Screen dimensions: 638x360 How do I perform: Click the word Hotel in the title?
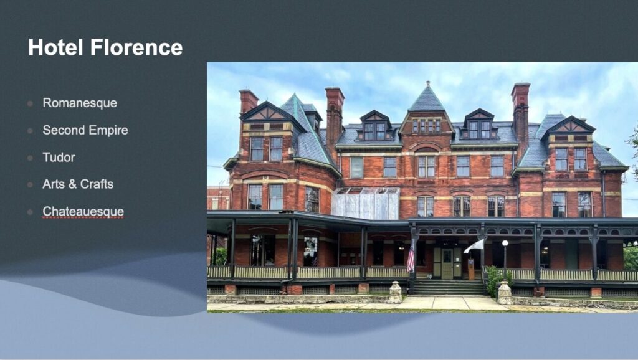[55, 47]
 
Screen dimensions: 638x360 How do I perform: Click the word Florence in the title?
[136, 47]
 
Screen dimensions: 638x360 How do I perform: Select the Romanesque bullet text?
[80, 103]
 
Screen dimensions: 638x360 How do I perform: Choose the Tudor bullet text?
[59, 158]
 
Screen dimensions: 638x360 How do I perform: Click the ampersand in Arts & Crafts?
[73, 184]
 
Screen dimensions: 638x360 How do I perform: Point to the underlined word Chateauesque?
[83, 212]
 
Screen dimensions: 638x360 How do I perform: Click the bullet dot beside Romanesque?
[30, 103]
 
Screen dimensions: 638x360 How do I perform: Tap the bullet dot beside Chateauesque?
[30, 212]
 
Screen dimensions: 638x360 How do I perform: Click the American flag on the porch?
[411, 257]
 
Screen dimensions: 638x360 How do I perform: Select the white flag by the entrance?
[474, 246]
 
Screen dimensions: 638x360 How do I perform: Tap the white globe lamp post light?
[505, 244]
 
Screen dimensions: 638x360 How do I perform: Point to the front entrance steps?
[449, 287]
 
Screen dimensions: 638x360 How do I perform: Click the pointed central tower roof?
[427, 97]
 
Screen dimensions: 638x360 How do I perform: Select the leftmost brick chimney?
[248, 102]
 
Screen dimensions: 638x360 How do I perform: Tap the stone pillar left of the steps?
[394, 292]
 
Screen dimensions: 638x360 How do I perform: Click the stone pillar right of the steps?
[505, 293]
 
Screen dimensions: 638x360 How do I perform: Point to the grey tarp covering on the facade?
[365, 204]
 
